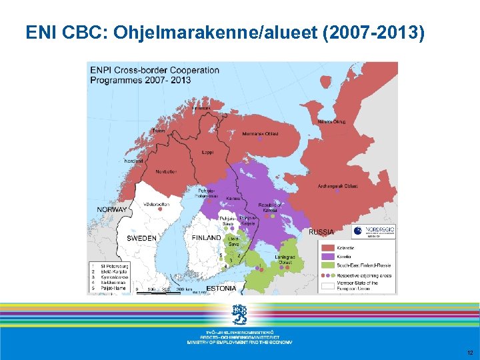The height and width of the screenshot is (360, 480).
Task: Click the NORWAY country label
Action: click(112, 209)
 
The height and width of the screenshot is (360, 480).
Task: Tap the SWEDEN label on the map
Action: click(142, 238)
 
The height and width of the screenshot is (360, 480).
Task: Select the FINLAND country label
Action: click(206, 238)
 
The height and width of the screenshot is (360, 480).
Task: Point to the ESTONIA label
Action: click(221, 289)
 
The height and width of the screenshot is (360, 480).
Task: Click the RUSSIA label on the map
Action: click(321, 232)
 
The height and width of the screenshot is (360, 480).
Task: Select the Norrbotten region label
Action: click(167, 171)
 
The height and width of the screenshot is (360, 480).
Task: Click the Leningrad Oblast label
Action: click(286, 259)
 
